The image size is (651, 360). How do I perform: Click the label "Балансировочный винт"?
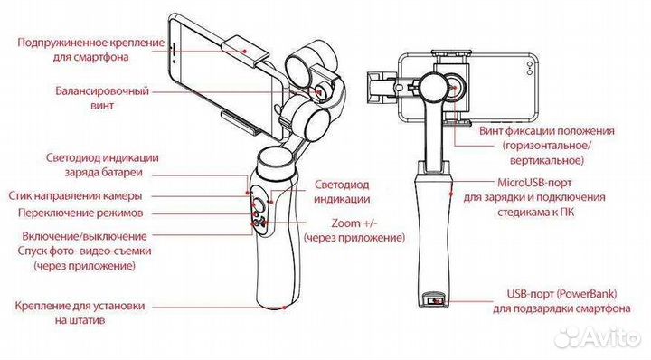102,98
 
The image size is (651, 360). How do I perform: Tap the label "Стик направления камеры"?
75,196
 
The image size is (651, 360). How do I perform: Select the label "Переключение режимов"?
80,213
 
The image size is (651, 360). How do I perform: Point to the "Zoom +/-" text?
354,223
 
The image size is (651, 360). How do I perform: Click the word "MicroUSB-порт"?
534,183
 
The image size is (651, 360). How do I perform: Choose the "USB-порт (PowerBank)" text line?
561,294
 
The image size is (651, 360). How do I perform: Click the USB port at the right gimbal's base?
432,300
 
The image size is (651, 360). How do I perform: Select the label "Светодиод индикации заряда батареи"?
102,166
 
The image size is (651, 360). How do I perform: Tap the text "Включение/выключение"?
84,236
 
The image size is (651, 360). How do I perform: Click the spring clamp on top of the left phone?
245,51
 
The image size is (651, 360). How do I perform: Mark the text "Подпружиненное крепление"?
91,43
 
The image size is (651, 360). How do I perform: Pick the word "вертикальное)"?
547,161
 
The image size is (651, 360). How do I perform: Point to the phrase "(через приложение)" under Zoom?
354,238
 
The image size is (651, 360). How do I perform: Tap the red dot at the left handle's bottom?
285,308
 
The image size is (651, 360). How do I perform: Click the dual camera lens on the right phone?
529,68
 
